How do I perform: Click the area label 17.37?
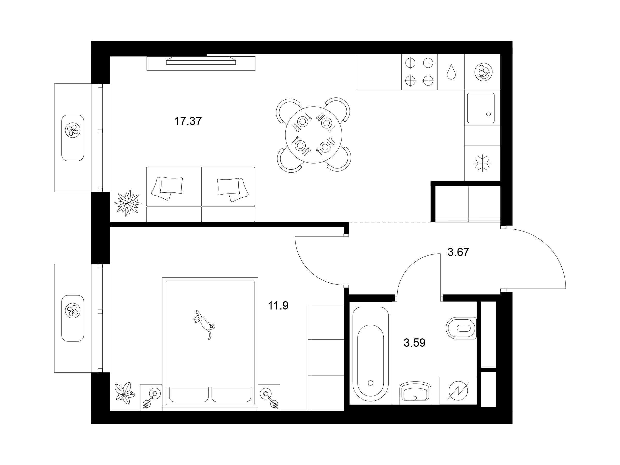pos(188,121)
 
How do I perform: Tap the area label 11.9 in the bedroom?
pos(278,306)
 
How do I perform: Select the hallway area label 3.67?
pos(458,252)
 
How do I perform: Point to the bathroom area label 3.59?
pos(415,343)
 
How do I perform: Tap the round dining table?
pos(314,135)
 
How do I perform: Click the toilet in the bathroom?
pos(461,328)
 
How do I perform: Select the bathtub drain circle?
pos(370,383)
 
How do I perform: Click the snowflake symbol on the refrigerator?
pos(482,163)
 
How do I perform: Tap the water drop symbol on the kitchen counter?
pos(451,72)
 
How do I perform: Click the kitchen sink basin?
pos(481,108)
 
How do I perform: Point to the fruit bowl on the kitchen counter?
pos(484,72)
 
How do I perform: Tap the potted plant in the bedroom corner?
pos(125,393)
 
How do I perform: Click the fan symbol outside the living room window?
pos(73,130)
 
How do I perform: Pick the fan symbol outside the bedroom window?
pos(73,311)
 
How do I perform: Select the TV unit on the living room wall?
pos(201,63)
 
